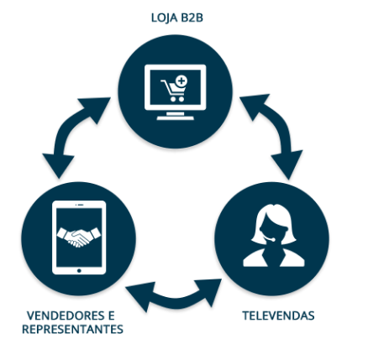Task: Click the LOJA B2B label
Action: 177,18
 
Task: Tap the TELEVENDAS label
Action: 278,316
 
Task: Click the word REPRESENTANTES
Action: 72,329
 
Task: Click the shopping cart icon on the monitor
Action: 173,90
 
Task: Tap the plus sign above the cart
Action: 181,81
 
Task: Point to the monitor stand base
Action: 176,118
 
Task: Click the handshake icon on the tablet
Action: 79,237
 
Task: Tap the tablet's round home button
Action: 79,270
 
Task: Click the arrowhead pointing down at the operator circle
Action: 288,164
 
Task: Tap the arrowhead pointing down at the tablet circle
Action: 58,165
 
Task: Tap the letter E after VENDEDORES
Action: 111,316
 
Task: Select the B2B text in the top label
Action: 192,18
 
